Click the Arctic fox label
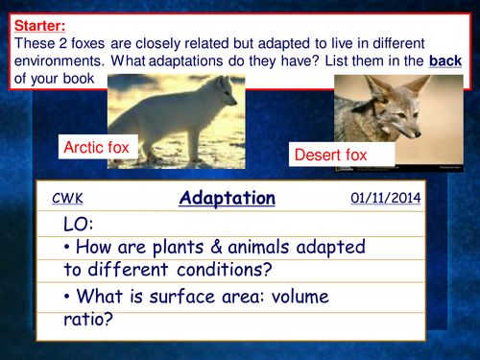[x=95, y=148]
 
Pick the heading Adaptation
[x=227, y=199]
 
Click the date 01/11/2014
[x=386, y=198]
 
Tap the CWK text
[x=67, y=199]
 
